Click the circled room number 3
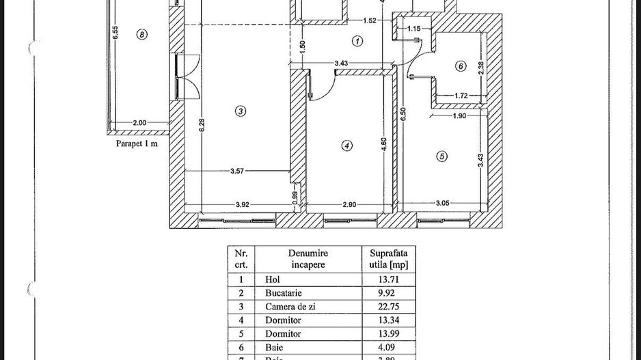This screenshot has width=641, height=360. click(x=240, y=111)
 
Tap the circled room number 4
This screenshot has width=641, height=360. click(x=347, y=146)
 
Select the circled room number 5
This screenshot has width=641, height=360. click(x=442, y=156)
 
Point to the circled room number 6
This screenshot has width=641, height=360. click(x=461, y=66)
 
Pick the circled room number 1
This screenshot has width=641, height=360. click(x=357, y=41)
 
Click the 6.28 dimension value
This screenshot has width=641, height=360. click(x=193, y=127)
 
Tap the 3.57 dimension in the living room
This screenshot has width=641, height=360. click(x=237, y=171)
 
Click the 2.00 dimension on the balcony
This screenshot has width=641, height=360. click(x=139, y=123)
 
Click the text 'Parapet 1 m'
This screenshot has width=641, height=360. click(x=137, y=144)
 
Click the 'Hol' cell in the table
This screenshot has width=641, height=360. click(x=272, y=279)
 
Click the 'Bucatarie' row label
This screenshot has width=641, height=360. click(x=282, y=293)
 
